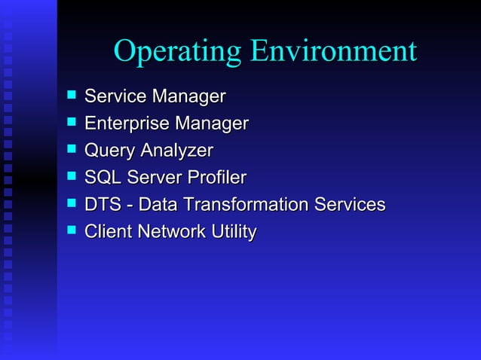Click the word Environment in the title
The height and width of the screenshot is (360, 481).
point(333,51)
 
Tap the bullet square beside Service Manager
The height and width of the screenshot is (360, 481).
point(71,96)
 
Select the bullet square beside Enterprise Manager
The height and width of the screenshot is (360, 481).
point(71,123)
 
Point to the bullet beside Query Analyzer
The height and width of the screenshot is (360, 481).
point(71,150)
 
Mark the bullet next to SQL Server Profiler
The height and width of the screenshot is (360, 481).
point(71,177)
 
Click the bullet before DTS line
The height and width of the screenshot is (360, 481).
point(71,204)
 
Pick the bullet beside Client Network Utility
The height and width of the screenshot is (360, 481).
point(71,231)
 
